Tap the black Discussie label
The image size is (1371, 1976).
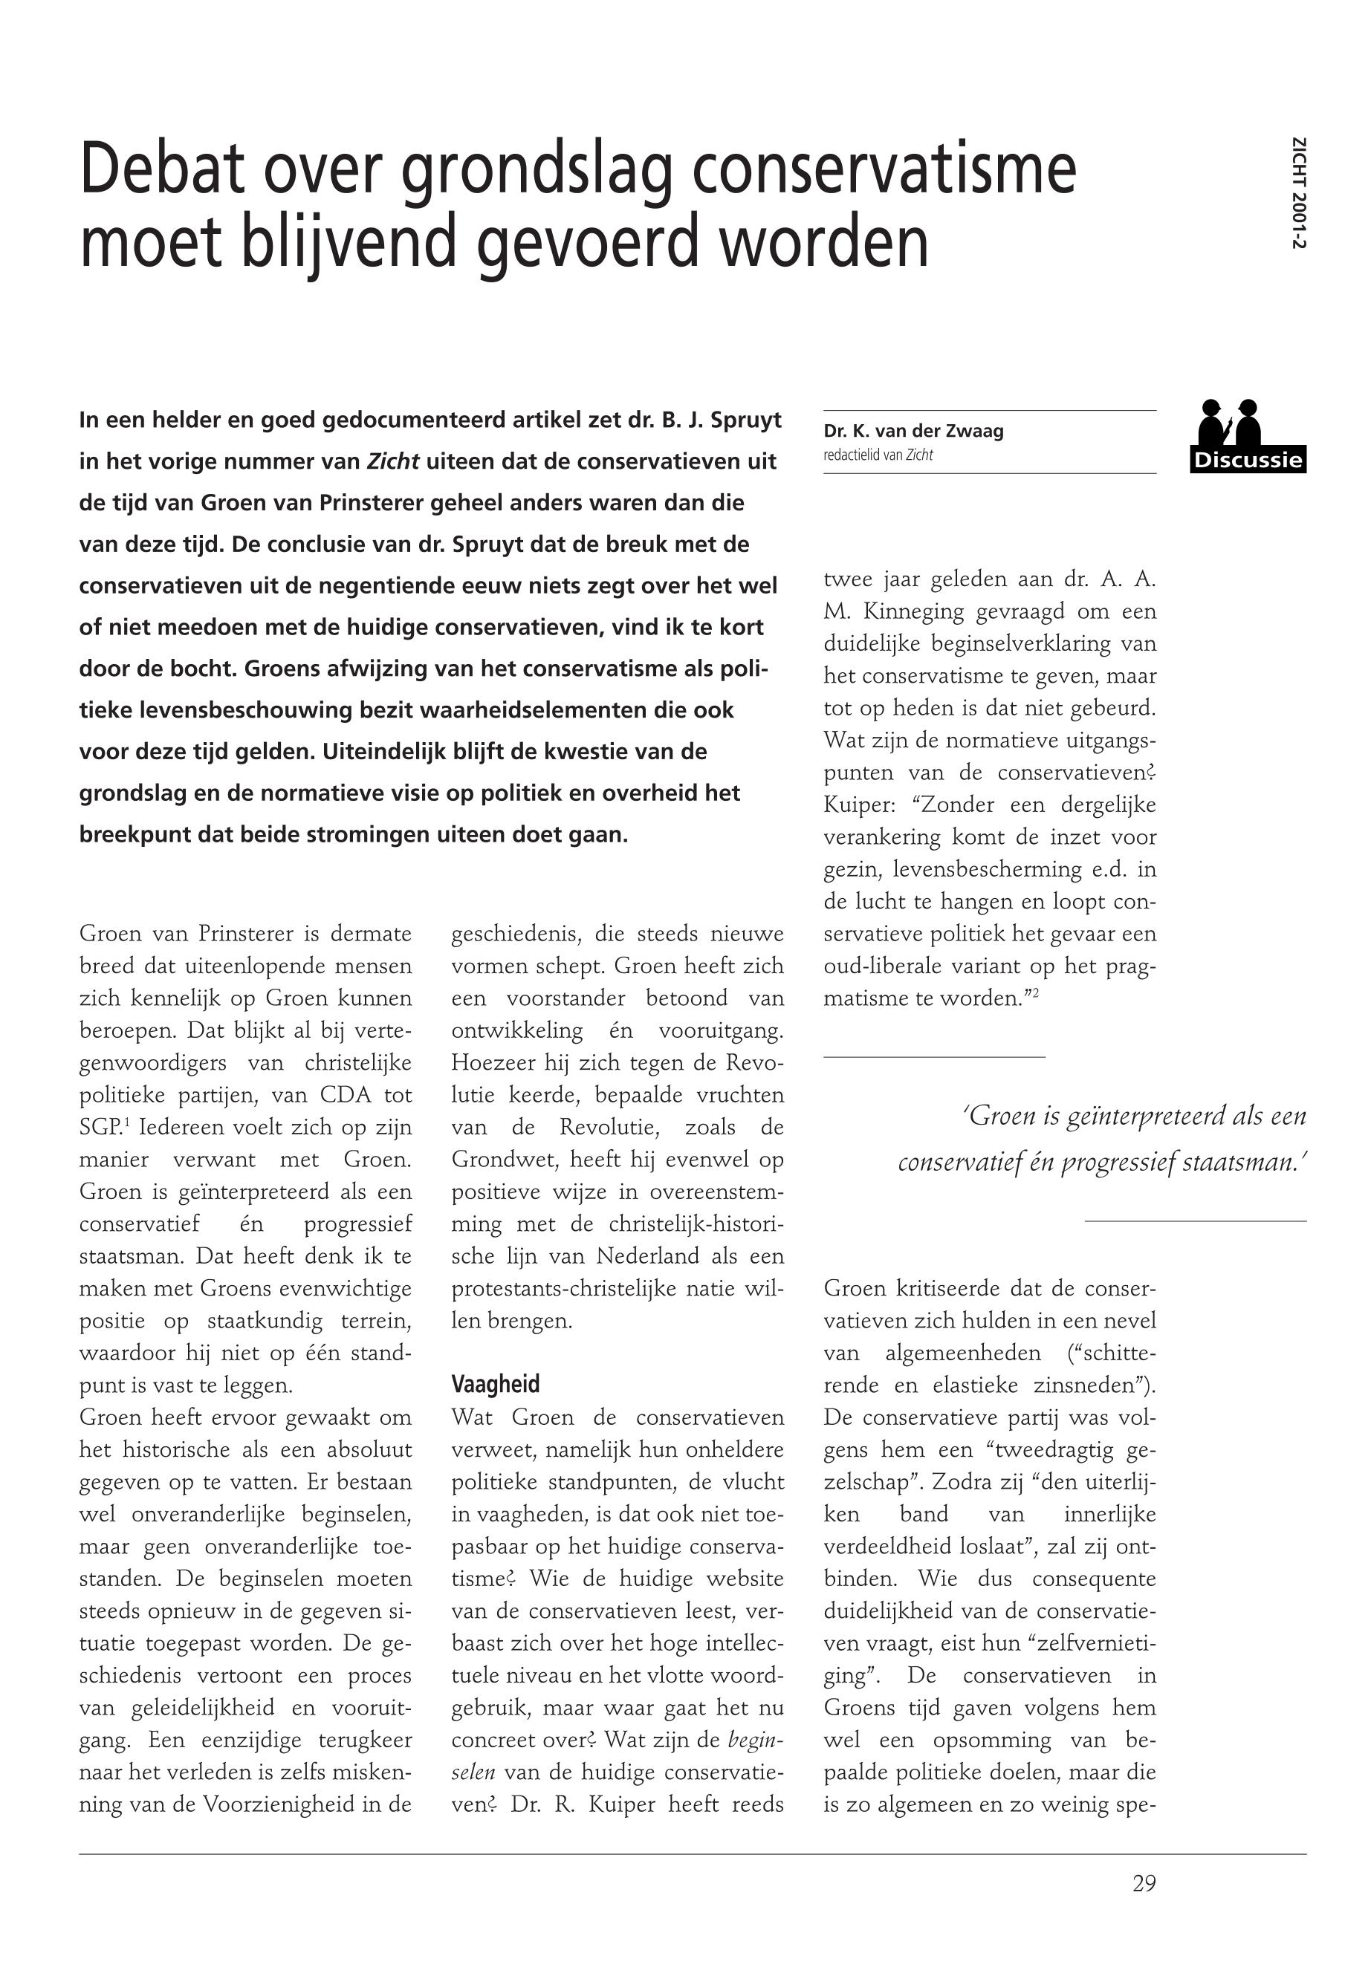(1248, 461)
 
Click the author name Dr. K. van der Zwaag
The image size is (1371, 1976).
(913, 431)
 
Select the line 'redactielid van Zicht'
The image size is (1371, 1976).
(877, 455)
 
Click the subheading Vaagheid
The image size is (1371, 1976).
(496, 1385)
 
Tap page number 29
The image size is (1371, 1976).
(1144, 1883)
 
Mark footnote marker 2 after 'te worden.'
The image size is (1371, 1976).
(1036, 992)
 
